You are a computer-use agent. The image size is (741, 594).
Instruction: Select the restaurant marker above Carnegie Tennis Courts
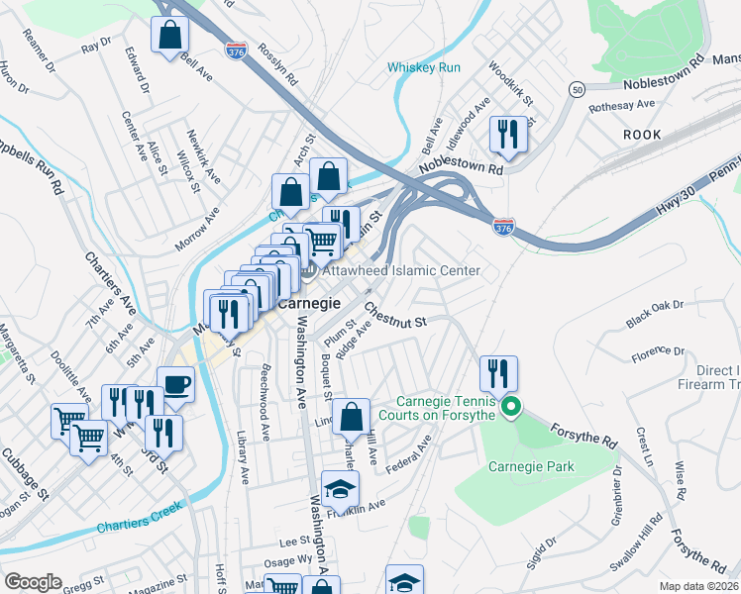(x=496, y=373)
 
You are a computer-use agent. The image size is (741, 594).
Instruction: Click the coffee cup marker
(x=175, y=384)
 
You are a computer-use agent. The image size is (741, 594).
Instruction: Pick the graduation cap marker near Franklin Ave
(x=340, y=488)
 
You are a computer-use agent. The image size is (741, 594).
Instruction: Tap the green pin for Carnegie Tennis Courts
(x=511, y=407)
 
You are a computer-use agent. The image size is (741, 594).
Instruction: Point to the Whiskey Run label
(x=423, y=67)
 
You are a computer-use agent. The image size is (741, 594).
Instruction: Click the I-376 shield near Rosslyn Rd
(x=236, y=48)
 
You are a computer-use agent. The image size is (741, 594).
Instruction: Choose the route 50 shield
(x=577, y=90)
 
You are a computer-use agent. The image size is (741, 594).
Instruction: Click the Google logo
(x=33, y=581)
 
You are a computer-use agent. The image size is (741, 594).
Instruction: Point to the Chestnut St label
(x=394, y=316)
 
